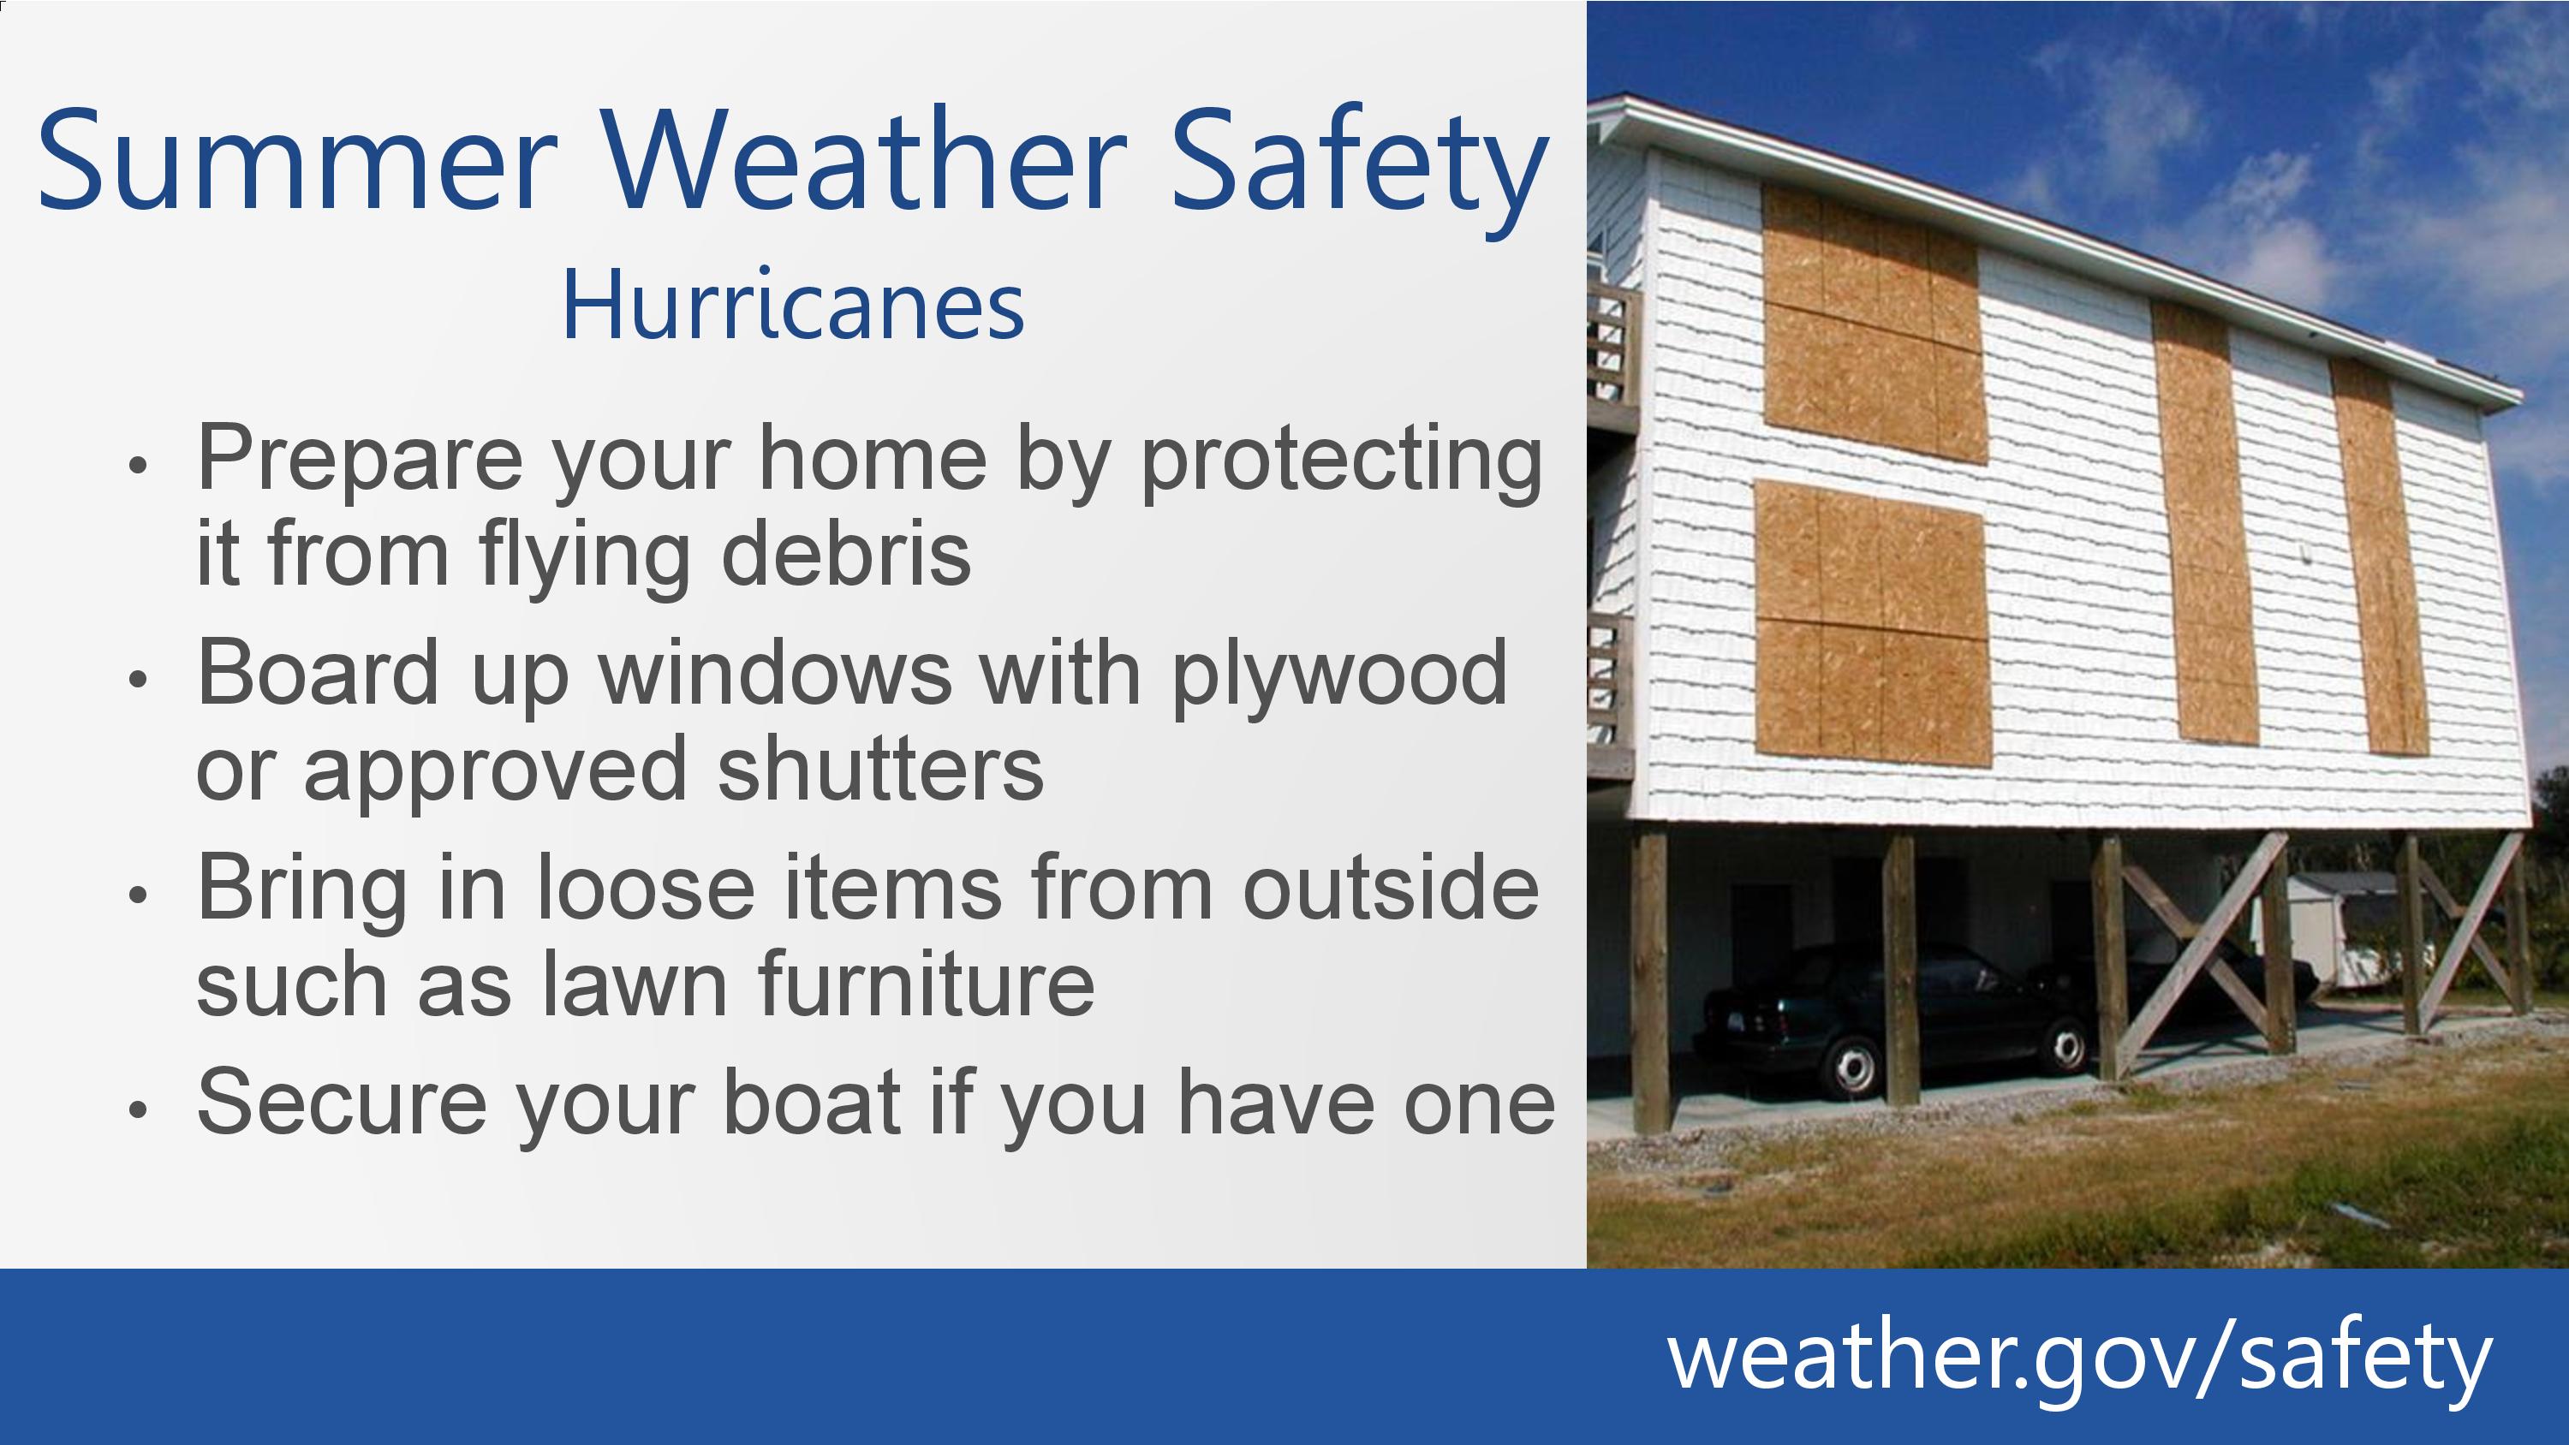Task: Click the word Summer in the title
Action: click(x=296, y=159)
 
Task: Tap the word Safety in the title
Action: click(x=1358, y=170)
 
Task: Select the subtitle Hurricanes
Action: click(x=793, y=305)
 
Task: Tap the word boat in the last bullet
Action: click(x=812, y=1102)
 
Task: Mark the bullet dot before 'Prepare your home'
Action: click(x=139, y=465)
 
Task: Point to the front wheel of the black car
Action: click(x=1852, y=1067)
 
